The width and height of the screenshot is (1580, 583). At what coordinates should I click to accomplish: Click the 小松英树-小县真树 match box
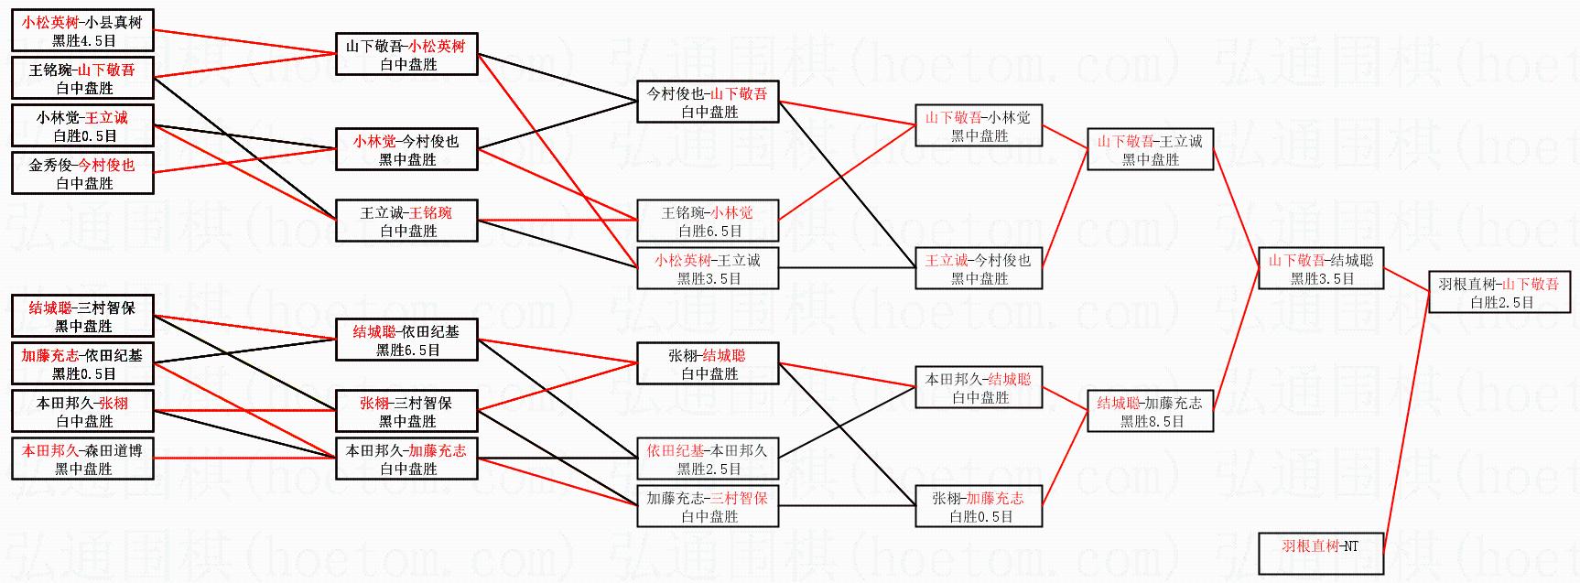82,31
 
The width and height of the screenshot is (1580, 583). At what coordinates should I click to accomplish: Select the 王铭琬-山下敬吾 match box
82,79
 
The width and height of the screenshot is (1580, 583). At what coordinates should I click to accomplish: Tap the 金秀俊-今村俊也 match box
82,174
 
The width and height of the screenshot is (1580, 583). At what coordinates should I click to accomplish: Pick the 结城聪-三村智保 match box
82,317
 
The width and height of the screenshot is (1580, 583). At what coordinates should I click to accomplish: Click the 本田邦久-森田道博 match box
82,459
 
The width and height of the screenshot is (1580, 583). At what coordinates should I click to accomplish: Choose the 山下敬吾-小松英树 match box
406,55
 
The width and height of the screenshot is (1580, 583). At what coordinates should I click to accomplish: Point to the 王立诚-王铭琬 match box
406,221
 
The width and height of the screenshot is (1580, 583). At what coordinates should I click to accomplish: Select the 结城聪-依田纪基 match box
406,340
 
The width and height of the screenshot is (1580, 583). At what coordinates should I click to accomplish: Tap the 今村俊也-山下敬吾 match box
708,103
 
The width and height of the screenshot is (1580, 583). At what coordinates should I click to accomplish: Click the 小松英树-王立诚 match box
708,269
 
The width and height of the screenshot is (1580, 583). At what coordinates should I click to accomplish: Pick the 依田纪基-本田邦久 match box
708,459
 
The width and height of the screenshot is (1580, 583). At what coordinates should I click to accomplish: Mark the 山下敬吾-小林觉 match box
979,126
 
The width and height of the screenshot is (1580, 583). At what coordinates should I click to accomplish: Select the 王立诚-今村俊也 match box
979,269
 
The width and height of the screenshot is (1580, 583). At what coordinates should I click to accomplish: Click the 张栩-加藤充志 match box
979,507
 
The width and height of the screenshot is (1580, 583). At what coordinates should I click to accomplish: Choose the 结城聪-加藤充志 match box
1151,412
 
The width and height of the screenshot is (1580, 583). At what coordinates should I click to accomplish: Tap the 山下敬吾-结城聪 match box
1321,269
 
